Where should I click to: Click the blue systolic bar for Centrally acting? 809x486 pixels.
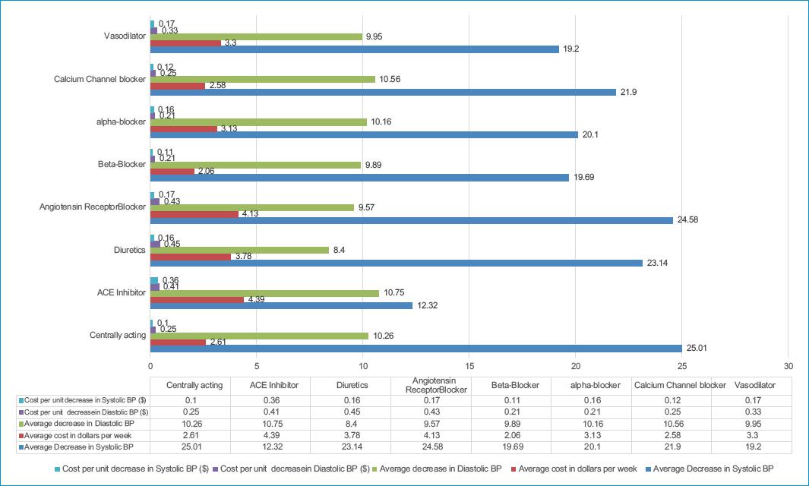[x=416, y=348]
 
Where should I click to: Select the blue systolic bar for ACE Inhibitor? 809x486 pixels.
[x=281, y=305]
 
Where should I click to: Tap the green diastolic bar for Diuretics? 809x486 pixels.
[x=239, y=249]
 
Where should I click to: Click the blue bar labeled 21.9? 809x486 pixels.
[x=383, y=92]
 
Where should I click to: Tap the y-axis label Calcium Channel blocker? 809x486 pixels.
[x=100, y=78]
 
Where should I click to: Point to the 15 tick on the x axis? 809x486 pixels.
[x=469, y=363]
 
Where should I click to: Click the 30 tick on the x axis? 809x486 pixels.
[x=788, y=363]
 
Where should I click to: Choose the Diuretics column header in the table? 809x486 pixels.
[x=352, y=385]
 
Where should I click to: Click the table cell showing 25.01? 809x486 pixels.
[x=194, y=447]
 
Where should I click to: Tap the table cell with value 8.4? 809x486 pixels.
[x=352, y=422]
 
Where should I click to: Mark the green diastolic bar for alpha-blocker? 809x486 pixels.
[x=258, y=121]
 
